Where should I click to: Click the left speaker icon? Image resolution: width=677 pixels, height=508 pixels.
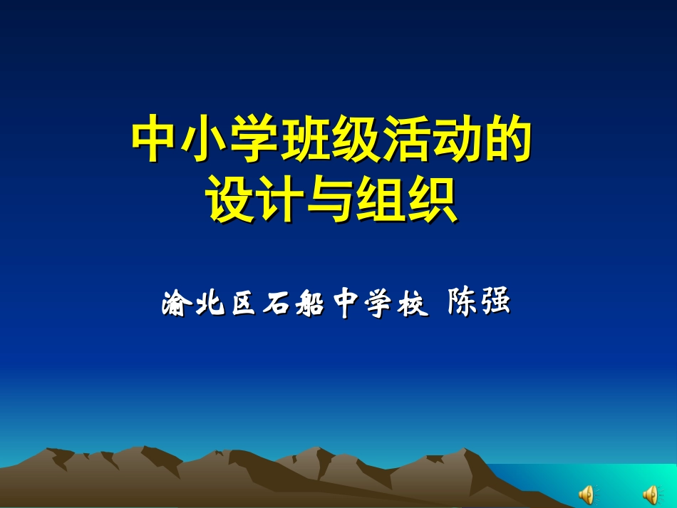click(586, 493)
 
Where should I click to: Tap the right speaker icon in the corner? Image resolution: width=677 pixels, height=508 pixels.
click(651, 493)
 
